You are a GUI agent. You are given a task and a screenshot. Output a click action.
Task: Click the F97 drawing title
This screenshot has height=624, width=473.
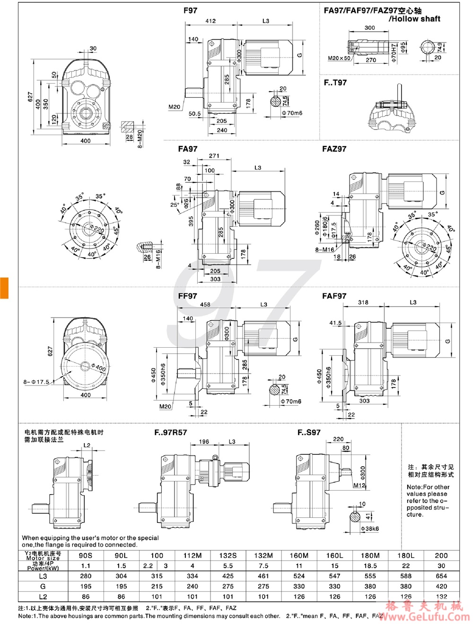click(x=190, y=10)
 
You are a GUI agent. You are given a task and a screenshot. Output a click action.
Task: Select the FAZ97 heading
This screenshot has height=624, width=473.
click(x=334, y=149)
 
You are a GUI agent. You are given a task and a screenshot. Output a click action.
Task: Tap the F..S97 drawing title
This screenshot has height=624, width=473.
click(x=309, y=432)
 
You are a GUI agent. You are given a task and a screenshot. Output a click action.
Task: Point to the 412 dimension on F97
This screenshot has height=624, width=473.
click(x=210, y=21)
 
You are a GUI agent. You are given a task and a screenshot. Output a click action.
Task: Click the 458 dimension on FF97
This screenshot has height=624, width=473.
click(x=205, y=305)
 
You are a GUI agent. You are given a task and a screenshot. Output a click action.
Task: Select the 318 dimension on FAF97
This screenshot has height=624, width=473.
click(x=363, y=302)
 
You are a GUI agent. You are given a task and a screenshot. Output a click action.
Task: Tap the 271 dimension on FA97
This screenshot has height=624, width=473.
click(x=214, y=155)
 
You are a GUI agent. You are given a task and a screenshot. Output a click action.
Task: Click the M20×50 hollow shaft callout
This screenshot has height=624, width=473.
click(x=339, y=59)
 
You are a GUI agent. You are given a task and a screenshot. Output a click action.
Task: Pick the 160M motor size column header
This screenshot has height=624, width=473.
click(x=299, y=556)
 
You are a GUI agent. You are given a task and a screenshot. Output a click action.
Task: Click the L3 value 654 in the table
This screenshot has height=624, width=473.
click(x=441, y=576)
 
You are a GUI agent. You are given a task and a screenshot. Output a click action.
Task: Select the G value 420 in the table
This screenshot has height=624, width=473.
click(x=441, y=586)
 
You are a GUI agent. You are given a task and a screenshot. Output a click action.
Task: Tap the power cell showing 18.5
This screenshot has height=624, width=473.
click(x=370, y=565)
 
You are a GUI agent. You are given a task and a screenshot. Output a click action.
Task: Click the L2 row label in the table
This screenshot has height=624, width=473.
click(x=43, y=597)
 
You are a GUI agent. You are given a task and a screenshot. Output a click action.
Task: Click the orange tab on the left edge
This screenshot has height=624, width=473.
click(x=4, y=288)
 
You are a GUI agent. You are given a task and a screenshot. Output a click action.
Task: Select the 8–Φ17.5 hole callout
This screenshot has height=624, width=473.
click(x=36, y=382)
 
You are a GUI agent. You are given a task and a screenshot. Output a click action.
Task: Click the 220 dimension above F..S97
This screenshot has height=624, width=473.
click(x=338, y=439)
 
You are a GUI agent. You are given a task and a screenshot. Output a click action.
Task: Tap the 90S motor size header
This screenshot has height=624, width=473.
click(x=86, y=556)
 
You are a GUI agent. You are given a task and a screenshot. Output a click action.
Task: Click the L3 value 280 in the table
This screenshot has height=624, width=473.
click(x=86, y=576)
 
